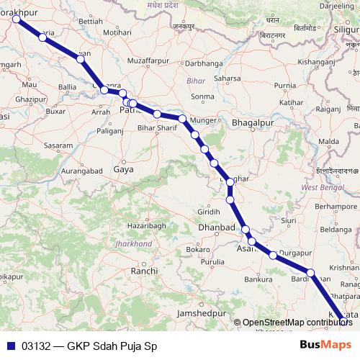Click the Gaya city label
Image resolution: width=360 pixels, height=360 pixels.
coord(123,170)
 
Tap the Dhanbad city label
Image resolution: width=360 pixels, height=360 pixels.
coord(216,228)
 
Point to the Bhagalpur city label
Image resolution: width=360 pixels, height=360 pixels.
coord(253,123)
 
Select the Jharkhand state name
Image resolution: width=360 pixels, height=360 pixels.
coord(133,244)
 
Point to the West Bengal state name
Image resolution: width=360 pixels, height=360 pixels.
coord(320,187)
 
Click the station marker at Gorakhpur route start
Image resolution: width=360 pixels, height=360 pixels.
coord(16,19)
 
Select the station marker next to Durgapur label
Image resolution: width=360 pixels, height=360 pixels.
coord(273,255)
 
